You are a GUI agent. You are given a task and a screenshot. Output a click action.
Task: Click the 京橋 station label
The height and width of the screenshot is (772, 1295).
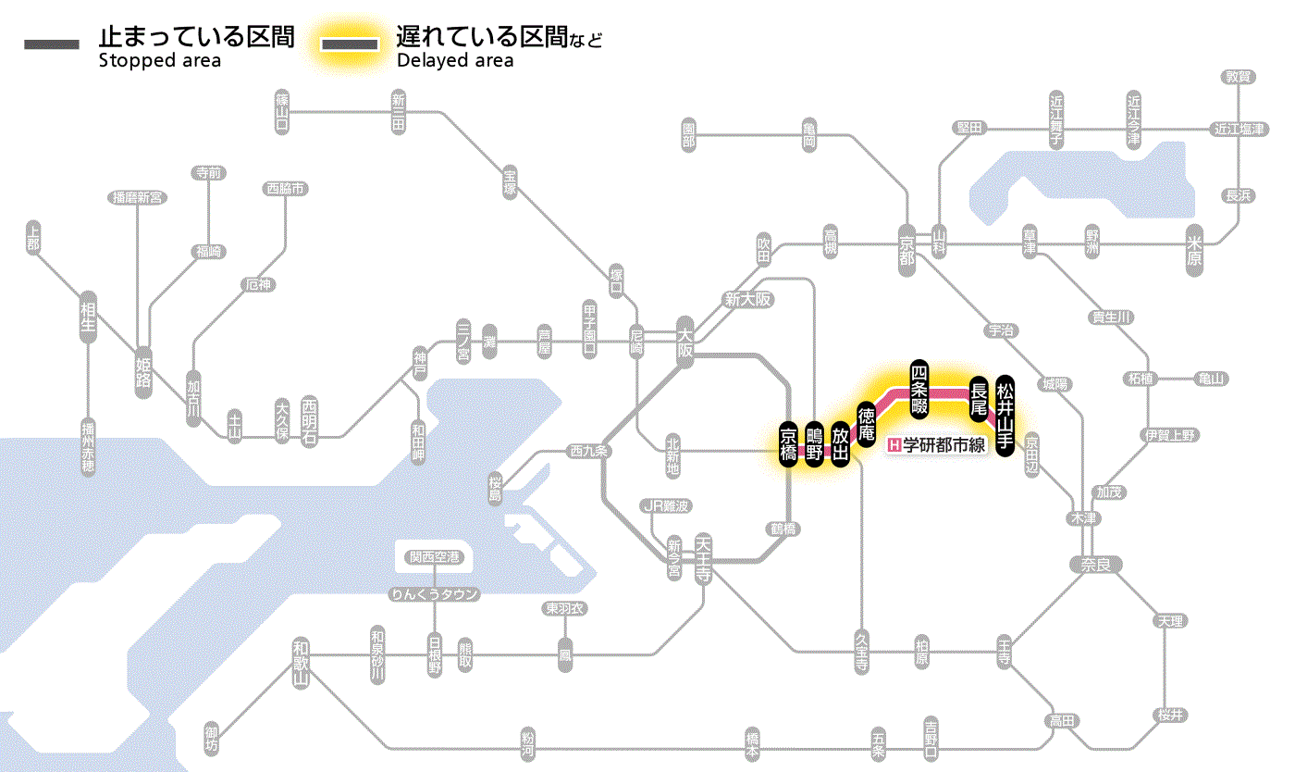pos(788,445)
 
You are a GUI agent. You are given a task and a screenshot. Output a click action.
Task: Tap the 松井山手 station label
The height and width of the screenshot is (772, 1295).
pos(1005,414)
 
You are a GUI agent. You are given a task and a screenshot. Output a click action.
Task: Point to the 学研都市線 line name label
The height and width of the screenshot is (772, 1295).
pos(938,445)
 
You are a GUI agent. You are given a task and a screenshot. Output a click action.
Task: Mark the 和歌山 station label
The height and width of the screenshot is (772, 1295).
pos(300,663)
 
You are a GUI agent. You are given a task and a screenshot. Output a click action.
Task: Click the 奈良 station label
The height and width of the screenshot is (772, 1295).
pos(1096,564)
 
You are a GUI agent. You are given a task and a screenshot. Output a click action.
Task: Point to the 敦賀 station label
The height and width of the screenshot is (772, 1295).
pos(1239,77)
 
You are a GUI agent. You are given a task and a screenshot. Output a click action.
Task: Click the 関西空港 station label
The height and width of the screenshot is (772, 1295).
pos(440,557)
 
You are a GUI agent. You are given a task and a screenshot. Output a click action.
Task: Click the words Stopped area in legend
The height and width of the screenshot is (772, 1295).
pos(159,61)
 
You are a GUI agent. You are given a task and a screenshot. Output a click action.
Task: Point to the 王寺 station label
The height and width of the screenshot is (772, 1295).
pos(1005,652)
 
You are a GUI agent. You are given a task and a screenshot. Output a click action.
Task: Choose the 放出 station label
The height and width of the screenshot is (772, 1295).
pos(840,445)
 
